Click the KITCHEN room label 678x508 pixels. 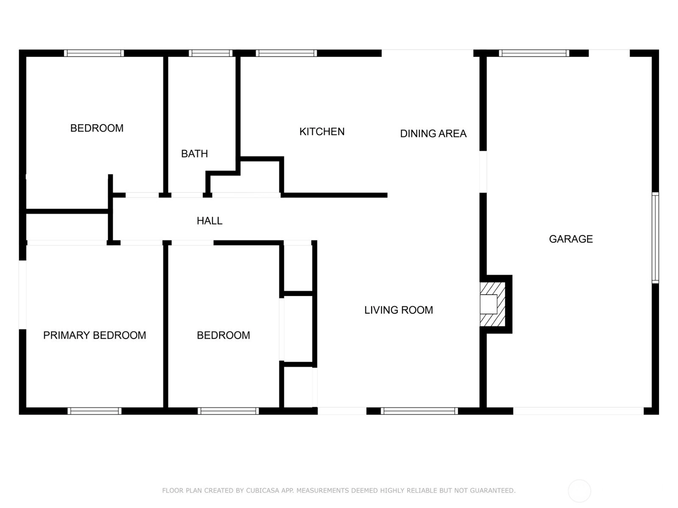(322, 132)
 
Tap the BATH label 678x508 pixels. (194, 154)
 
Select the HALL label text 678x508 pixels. (209, 221)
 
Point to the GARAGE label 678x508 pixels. (571, 239)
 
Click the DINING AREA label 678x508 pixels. (433, 133)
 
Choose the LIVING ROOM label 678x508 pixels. (398, 310)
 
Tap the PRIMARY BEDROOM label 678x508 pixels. (94, 335)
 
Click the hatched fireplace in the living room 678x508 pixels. (493, 304)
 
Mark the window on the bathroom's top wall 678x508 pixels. (211, 53)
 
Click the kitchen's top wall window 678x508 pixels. (286, 53)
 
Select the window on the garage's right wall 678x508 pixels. (655, 237)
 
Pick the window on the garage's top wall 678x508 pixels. (534, 53)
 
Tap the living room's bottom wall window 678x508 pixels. (420, 411)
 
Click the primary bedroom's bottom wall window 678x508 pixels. (94, 411)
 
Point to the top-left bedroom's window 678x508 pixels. (94, 53)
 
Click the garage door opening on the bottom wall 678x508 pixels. (578, 411)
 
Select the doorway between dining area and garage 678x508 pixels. (483, 172)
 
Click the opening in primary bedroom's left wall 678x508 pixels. (22, 295)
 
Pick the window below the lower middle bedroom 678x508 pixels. (228, 411)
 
